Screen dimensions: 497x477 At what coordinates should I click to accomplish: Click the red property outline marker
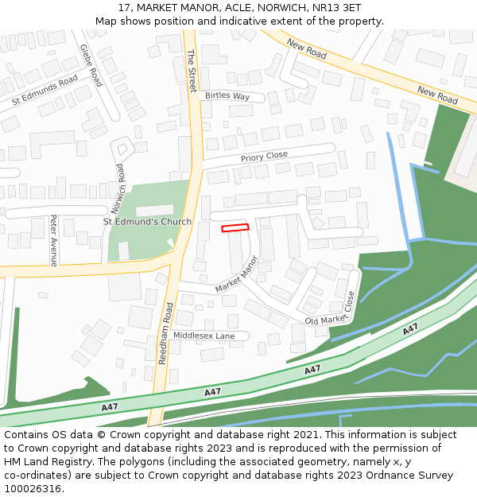point(235,228)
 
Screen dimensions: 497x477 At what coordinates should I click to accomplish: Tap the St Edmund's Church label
point(148,222)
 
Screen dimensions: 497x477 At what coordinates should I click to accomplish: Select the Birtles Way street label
point(227,96)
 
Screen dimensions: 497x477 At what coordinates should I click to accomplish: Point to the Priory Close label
point(264,157)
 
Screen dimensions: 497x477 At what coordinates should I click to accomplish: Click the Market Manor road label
point(237,274)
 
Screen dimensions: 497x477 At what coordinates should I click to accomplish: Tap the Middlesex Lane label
point(204,336)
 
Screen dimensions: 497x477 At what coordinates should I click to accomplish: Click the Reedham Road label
point(166,333)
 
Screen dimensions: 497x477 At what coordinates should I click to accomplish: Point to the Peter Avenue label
point(53,240)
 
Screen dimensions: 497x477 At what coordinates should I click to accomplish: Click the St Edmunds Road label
point(45,90)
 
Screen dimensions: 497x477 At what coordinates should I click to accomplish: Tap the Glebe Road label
point(91,65)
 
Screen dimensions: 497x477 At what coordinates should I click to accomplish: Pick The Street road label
point(191,71)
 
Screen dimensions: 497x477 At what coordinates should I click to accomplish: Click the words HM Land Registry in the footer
point(48,462)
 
